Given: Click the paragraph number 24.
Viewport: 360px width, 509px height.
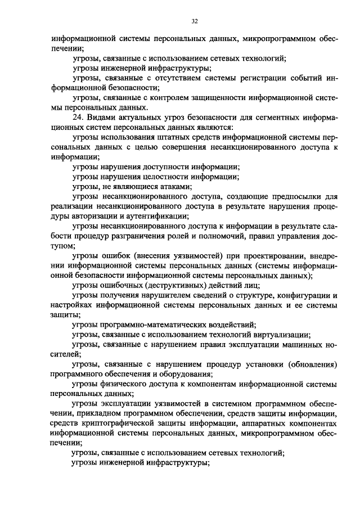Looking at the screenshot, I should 79,118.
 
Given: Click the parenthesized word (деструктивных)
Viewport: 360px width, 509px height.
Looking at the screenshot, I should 166,285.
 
